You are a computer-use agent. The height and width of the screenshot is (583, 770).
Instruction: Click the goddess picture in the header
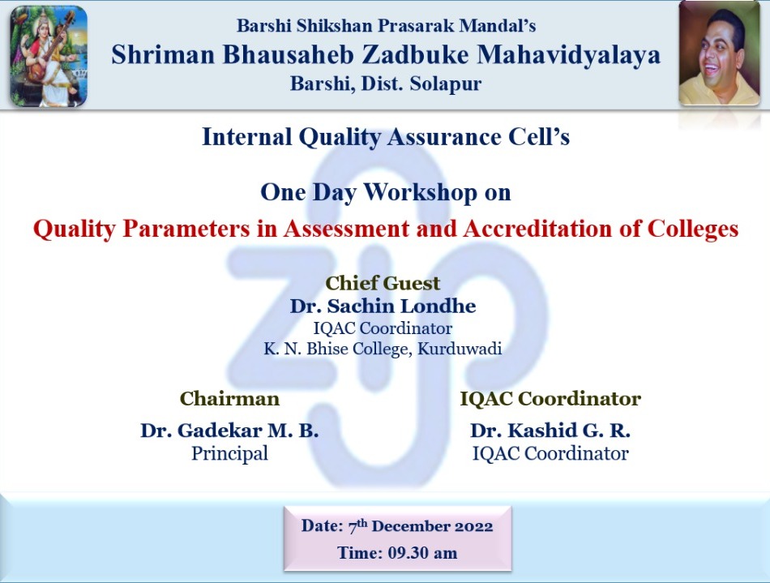pyautogui.click(x=49, y=56)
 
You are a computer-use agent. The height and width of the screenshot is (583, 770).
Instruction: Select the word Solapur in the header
pyautogui.click(x=446, y=84)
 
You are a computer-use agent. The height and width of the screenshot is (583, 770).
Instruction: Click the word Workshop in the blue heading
pyautogui.click(x=421, y=192)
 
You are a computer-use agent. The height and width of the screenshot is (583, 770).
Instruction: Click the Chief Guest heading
pyautogui.click(x=383, y=284)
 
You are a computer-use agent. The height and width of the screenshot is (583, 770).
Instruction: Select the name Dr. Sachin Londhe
pyautogui.click(x=383, y=306)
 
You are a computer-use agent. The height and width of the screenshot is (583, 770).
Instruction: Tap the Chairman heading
pyautogui.click(x=230, y=398)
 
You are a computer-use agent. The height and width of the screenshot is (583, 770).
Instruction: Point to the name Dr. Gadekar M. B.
pyautogui.click(x=229, y=431)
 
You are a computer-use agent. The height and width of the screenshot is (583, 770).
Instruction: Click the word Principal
pyautogui.click(x=230, y=453)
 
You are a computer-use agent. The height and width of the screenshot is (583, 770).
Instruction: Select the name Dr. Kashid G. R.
pyautogui.click(x=550, y=431)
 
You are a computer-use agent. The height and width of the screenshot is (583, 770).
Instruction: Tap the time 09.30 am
pyautogui.click(x=422, y=553)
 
